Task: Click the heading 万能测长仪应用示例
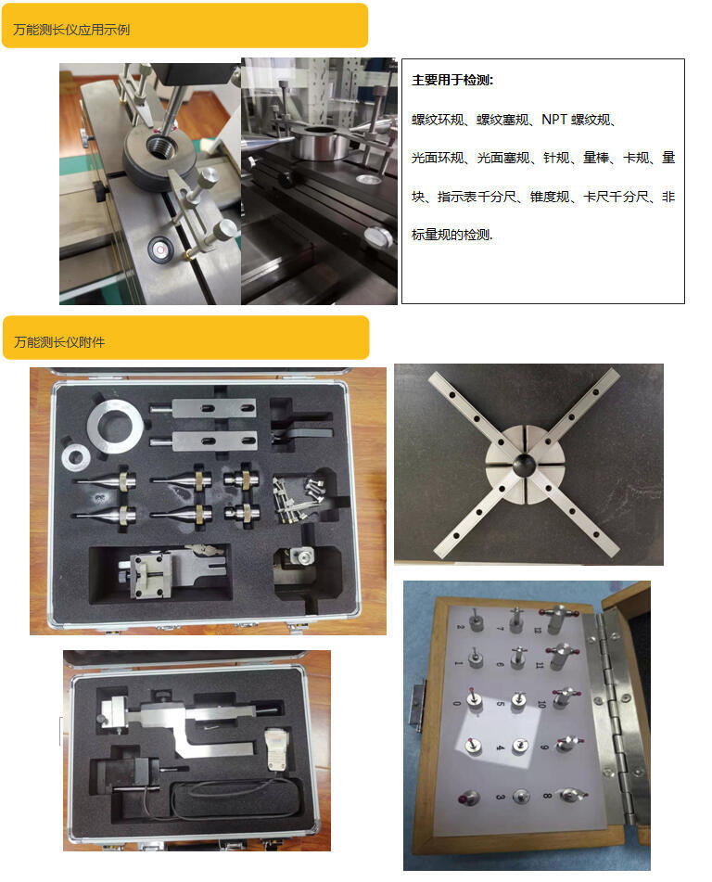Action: [71, 30]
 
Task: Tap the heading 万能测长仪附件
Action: [59, 342]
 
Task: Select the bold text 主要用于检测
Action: [451, 80]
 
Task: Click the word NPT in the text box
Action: [554, 120]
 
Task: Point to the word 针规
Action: [556, 158]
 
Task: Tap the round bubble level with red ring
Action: [159, 248]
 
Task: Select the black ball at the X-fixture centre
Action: [524, 463]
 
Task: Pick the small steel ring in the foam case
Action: [76, 457]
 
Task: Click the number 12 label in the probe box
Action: [538, 630]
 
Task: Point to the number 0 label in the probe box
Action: [456, 703]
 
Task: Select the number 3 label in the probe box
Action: [500, 797]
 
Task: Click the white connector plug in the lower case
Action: [274, 749]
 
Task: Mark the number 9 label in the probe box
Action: [544, 747]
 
